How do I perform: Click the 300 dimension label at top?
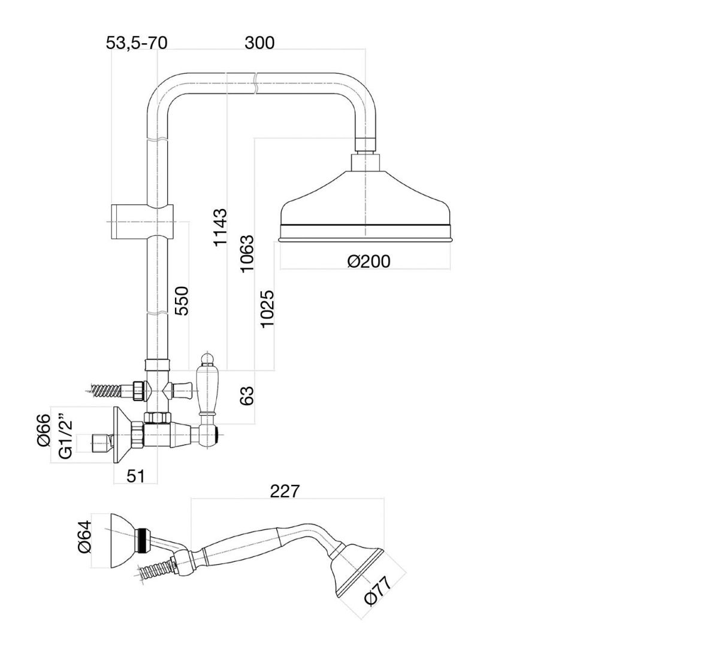(259, 43)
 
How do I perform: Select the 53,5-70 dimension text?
(137, 43)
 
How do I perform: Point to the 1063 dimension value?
(247, 253)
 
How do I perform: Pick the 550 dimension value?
(182, 301)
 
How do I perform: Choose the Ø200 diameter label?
(368, 262)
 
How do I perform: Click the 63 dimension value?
(247, 396)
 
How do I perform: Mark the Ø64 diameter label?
(85, 537)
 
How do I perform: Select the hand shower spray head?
(356, 574)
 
